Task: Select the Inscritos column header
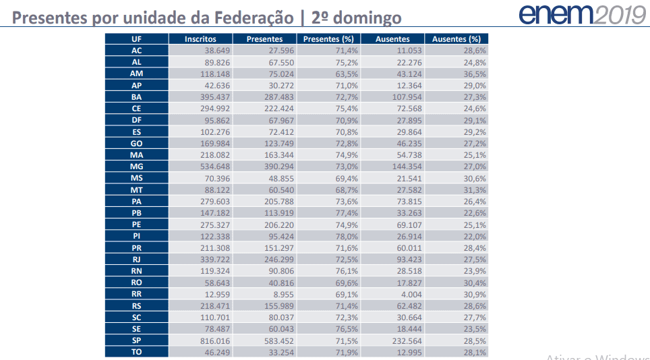200,39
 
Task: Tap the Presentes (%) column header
328,39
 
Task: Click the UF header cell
136,39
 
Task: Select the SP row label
136,340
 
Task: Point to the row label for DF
136,119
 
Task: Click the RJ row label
136,260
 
